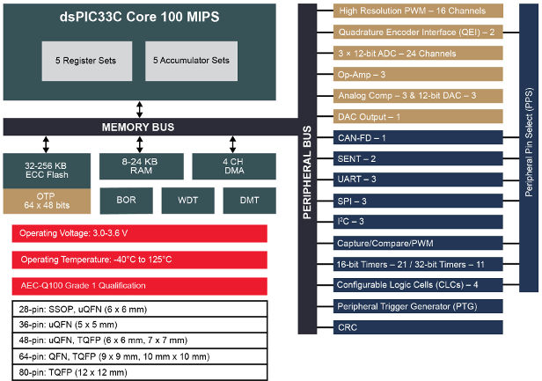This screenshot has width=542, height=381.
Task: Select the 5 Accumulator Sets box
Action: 191,61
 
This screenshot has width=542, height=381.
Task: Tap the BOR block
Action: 126,201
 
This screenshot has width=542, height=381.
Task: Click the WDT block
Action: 187,201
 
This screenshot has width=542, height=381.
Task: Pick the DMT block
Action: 247,201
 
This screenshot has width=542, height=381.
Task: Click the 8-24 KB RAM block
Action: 141,165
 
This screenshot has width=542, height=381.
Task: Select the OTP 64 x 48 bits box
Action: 46,200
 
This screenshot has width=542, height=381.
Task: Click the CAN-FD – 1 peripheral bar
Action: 420,137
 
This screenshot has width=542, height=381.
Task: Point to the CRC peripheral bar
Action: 420,327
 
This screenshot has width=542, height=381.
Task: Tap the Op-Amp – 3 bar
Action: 420,74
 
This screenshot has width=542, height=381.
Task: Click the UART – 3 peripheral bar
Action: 420,180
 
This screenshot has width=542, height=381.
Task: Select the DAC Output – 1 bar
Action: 420,116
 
